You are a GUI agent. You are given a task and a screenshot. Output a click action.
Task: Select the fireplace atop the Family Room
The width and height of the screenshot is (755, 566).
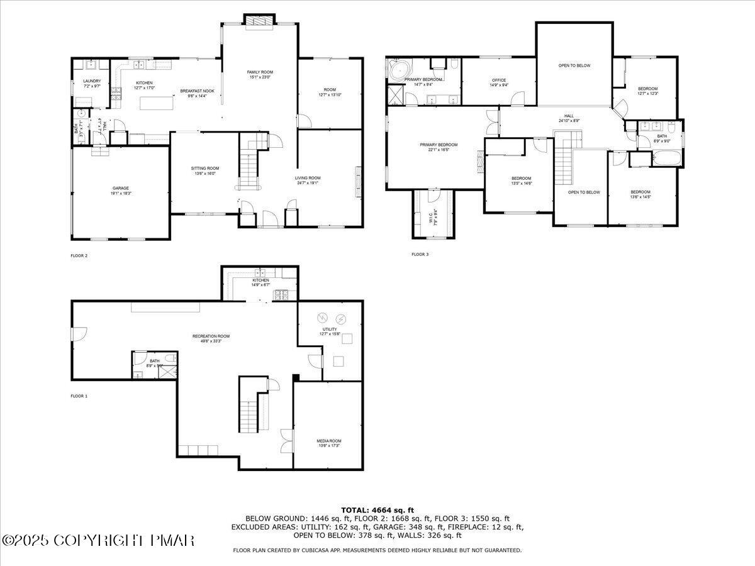tap(259, 22)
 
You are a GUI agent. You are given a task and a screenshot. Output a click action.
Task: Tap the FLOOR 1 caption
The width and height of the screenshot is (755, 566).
tap(79, 396)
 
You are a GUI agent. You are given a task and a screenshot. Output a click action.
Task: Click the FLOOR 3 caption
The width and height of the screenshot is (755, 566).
tap(420, 255)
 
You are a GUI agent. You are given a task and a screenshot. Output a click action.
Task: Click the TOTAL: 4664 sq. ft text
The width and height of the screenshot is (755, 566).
tap(377, 510)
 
